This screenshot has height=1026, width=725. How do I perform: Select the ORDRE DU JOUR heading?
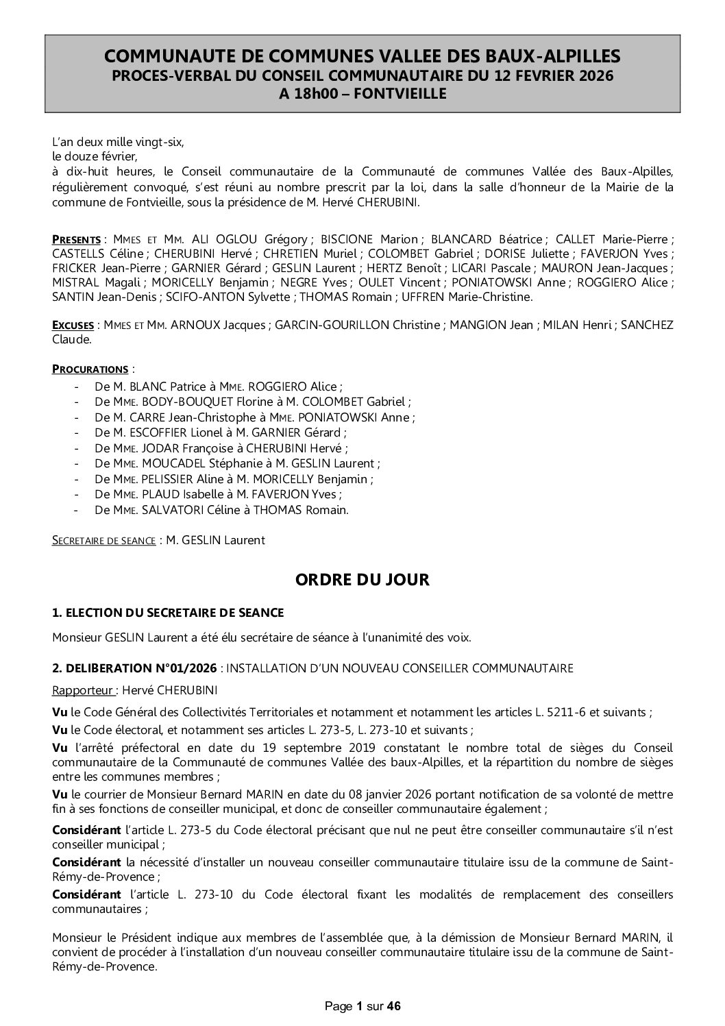(x=362, y=580)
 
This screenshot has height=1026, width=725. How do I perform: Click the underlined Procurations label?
(x=90, y=369)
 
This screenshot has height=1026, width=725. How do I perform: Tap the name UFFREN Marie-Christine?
(x=489, y=297)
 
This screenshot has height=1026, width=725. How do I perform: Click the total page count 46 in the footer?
(x=393, y=1007)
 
